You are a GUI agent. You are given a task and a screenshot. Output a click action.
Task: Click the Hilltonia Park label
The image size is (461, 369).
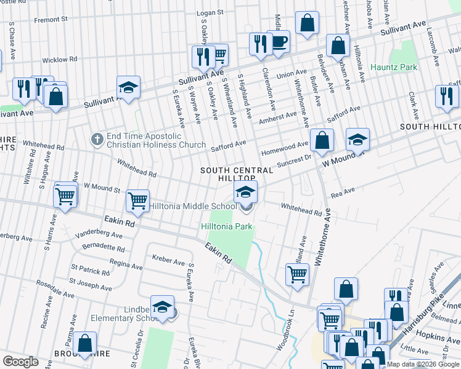tap(227, 227)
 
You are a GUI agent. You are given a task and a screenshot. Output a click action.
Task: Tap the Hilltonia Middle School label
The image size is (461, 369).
tap(192, 207)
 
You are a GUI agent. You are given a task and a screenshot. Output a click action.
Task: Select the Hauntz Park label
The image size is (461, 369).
tap(393, 67)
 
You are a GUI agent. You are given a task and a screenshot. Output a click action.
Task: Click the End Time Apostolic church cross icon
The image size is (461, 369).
tap(97, 139)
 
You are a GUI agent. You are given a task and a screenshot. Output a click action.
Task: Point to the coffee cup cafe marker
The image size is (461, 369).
tap(279, 42)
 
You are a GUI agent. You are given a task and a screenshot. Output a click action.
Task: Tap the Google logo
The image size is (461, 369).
tap(21, 362)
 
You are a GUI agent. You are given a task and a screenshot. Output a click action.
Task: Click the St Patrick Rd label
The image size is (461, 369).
tap(90, 269)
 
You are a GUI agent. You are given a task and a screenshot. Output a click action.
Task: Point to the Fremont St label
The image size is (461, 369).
tap(51, 20)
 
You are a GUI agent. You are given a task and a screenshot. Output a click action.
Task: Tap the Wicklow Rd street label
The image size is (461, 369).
tap(59, 60)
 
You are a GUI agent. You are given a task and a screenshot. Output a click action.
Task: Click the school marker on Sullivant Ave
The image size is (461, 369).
tap(129, 87)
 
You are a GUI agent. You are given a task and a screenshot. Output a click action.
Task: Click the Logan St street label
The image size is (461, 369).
tap(208, 12)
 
